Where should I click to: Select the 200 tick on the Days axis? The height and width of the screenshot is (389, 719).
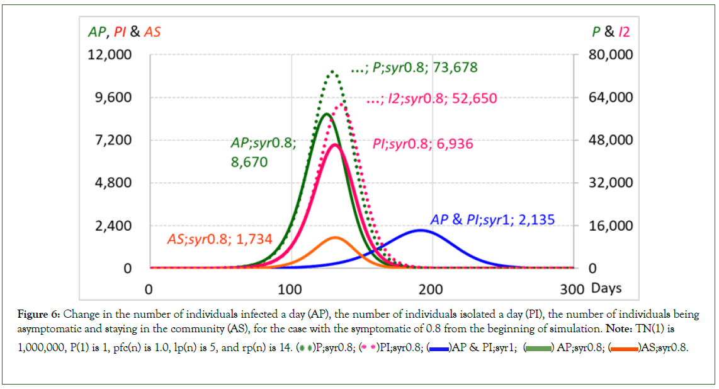click(x=431, y=289)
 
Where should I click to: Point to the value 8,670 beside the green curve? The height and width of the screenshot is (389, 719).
click(x=249, y=163)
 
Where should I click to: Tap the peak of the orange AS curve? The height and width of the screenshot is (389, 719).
click(x=334, y=238)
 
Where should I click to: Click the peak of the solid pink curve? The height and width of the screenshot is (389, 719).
click(x=334, y=145)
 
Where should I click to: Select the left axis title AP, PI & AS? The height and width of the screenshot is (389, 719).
click(x=123, y=32)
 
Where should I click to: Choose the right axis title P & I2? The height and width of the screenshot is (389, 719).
click(x=606, y=32)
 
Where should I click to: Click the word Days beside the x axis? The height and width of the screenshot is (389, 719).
click(x=607, y=289)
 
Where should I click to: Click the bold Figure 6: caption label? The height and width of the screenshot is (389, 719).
click(x=39, y=313)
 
